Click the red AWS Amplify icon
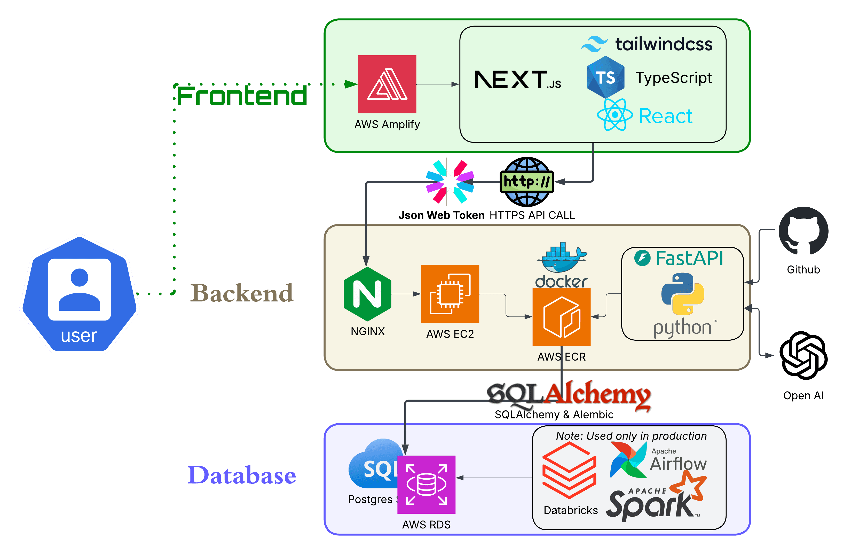pos(387,84)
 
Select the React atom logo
pos(614,115)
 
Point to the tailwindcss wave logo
pos(594,44)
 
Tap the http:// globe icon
pos(527,182)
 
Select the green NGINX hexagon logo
pos(367,294)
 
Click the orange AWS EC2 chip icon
pos(450,294)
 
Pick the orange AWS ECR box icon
pos(561,317)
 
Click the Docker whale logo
pos(562,258)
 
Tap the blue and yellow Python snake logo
pos(683,294)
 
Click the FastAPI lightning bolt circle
pos(642,258)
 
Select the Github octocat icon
pos(803,231)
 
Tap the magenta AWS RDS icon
pos(426,485)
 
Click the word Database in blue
pos(242,475)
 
